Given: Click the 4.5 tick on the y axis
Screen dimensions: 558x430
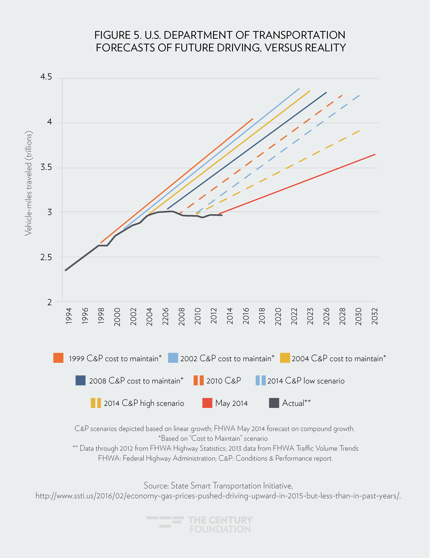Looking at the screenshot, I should pyautogui.click(x=46, y=77).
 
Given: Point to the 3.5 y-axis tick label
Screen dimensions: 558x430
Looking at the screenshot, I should pyautogui.click(x=46, y=167).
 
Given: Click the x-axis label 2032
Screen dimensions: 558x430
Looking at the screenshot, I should pyautogui.click(x=375, y=316).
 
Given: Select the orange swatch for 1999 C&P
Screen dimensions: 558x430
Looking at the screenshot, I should pyautogui.click(x=58, y=358).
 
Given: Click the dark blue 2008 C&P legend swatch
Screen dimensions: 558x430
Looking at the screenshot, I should pyautogui.click(x=80, y=380).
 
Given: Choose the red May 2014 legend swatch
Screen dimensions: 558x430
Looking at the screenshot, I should pyautogui.click(x=207, y=403).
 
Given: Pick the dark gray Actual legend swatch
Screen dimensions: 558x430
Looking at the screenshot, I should pyautogui.click(x=274, y=403).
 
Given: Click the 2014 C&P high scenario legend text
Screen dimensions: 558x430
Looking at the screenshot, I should pyautogui.click(x=144, y=403).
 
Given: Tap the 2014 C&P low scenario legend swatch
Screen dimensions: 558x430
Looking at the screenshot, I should pyautogui.click(x=261, y=380).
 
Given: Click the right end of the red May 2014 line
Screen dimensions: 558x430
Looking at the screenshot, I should pyautogui.click(x=375, y=154).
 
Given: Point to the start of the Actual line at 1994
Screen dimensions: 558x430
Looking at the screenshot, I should pyautogui.click(x=66, y=270).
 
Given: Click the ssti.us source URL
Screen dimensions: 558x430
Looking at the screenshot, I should pyautogui.click(x=218, y=496).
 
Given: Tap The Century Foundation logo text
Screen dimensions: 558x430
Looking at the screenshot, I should pyautogui.click(x=220, y=525).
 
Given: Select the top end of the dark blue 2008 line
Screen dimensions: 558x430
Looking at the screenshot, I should pyautogui.click(x=326, y=92).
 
